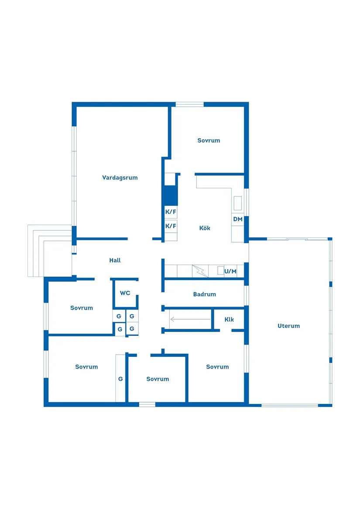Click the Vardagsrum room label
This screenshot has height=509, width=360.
click(120, 178)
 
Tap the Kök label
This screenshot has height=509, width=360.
click(205, 228)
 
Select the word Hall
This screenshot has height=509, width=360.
click(115, 260)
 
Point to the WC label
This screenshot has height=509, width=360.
click(125, 293)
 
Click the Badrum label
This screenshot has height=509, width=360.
click(204, 294)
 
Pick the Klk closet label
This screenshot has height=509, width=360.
click(229, 319)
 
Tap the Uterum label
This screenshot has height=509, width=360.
click(288, 326)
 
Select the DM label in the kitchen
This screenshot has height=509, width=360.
click(238, 219)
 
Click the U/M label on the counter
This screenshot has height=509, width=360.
click(230, 271)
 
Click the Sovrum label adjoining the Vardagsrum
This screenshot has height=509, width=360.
click(209, 140)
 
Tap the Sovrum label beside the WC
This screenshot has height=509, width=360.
click(82, 308)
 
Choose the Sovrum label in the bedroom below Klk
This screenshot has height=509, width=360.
click(217, 367)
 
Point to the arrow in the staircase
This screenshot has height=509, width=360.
click(190, 319)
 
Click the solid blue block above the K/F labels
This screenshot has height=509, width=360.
click(170, 195)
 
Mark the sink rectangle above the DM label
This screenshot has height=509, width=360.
click(238, 203)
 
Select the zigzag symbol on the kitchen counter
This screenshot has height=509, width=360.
click(200, 271)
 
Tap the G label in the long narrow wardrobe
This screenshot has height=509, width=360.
click(120, 379)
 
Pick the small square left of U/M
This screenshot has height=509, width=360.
click(221, 270)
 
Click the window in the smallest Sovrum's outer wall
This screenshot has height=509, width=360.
click(147, 404)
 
